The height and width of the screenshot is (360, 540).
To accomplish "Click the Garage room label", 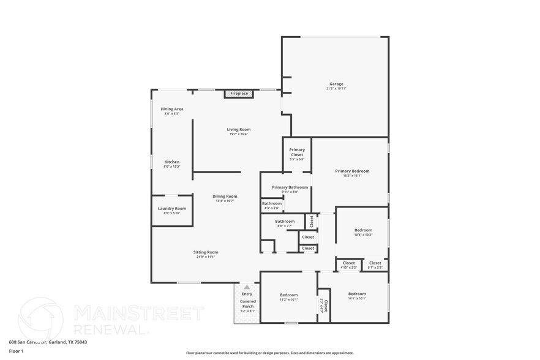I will pos(336,84).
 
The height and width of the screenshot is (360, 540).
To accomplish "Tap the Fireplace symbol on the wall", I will pos(239,94).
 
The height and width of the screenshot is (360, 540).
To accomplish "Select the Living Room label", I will pos(239,129).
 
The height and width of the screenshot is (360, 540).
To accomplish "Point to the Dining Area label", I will pos(172,109).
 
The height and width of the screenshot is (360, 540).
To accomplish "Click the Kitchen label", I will pos(172,162).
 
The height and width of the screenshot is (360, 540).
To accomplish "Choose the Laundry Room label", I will pos(172,208).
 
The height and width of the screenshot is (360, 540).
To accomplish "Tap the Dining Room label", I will pos(225,197).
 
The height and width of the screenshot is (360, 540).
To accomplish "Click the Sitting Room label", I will pos(206,252).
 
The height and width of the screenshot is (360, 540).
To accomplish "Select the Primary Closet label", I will pos(297,152).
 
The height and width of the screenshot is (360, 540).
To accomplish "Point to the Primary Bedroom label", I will pos(352,171).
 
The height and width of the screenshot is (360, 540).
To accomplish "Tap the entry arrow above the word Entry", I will pos(247,287).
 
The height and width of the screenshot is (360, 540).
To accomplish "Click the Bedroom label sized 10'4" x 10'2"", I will pos(363,230).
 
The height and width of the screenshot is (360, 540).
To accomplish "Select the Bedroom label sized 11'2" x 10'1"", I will pos(289,294).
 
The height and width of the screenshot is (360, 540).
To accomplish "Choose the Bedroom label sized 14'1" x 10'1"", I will pos(357,294).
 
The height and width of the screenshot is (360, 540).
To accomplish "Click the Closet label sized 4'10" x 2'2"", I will pos(348,263).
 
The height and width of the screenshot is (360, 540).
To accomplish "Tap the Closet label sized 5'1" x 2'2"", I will pos(375,263).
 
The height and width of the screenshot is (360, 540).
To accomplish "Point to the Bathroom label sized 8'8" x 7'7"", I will pos(285,222).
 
